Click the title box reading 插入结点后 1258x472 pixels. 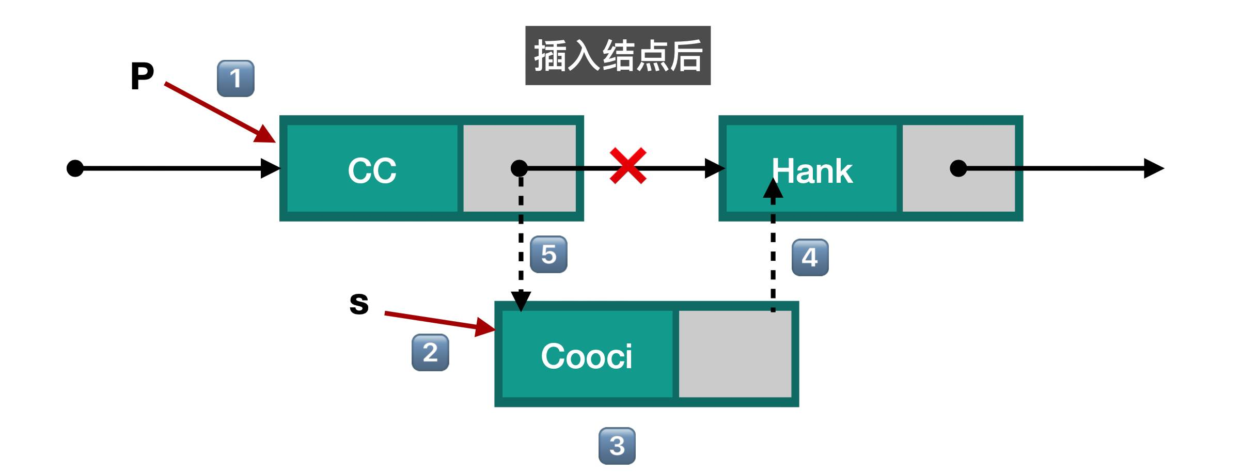[618, 55]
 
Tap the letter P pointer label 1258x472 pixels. [142, 76]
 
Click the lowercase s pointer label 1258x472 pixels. [359, 303]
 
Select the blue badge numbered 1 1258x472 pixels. [235, 78]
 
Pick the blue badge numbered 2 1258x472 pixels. [430, 353]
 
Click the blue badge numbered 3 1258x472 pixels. [617, 446]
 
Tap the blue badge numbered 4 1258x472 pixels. [810, 257]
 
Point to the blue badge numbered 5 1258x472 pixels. [548, 255]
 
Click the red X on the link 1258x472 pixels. [627, 166]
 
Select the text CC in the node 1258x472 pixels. [372, 170]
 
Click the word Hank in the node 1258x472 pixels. [812, 171]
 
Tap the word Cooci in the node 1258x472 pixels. [586, 356]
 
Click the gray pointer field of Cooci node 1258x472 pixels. [734, 354]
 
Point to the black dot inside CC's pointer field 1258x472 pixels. [519, 168]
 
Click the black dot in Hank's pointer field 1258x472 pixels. [958, 168]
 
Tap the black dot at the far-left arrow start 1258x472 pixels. [75, 168]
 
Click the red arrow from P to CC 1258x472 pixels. [219, 112]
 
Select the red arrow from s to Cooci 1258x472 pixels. [439, 321]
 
